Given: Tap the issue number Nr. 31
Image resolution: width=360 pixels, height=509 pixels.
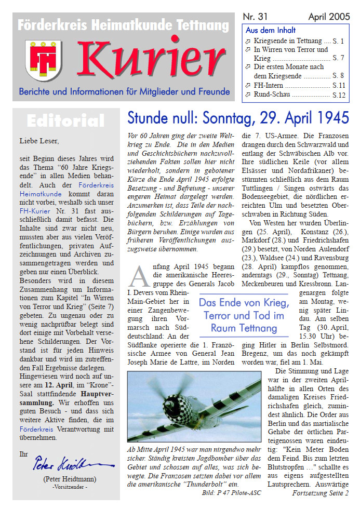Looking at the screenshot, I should click(x=255, y=17).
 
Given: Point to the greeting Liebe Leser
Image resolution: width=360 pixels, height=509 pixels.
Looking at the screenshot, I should click(x=39, y=140).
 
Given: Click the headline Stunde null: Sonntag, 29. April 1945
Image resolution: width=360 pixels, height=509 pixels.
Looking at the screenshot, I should click(x=238, y=118).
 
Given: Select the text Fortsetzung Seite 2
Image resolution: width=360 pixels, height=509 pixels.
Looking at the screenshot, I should click(x=320, y=492).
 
